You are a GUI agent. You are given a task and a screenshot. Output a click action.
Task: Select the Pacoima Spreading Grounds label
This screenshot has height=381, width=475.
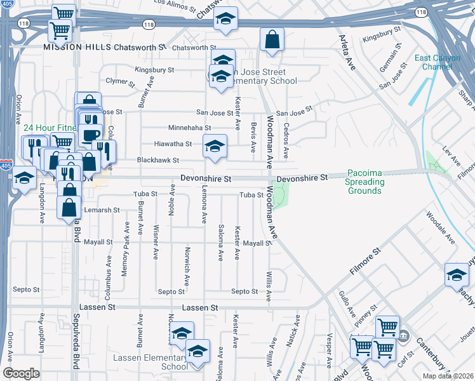click(365, 182)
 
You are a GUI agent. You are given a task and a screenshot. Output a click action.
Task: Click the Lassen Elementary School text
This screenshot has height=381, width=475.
click(151, 362)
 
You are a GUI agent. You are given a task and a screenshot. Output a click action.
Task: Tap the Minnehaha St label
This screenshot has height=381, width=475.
click(189, 128)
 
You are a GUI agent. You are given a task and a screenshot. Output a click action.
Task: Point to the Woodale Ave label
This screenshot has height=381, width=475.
click(441, 232)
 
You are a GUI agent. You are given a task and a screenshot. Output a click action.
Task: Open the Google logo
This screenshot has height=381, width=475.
click(21, 373)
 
